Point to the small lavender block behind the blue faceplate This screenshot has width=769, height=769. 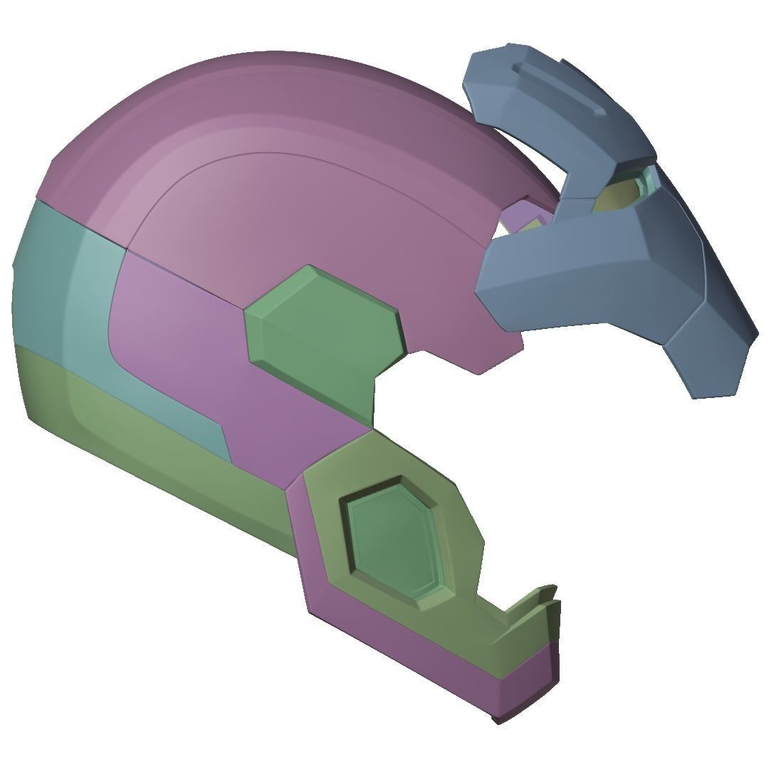pos(523,216)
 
